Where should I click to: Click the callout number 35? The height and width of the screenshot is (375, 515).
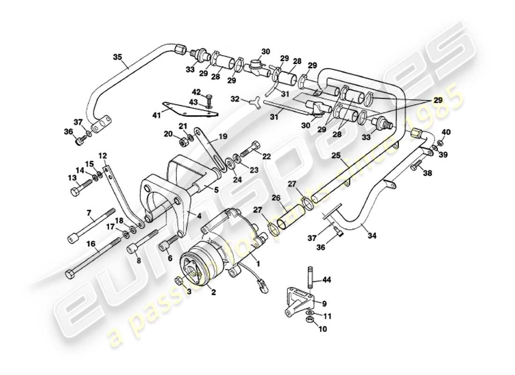pos(117,58)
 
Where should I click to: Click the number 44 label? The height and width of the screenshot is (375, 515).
pos(326,280)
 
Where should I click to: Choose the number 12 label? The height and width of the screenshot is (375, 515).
pos(103,155)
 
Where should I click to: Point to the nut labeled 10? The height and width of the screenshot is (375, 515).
pos(309,320)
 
